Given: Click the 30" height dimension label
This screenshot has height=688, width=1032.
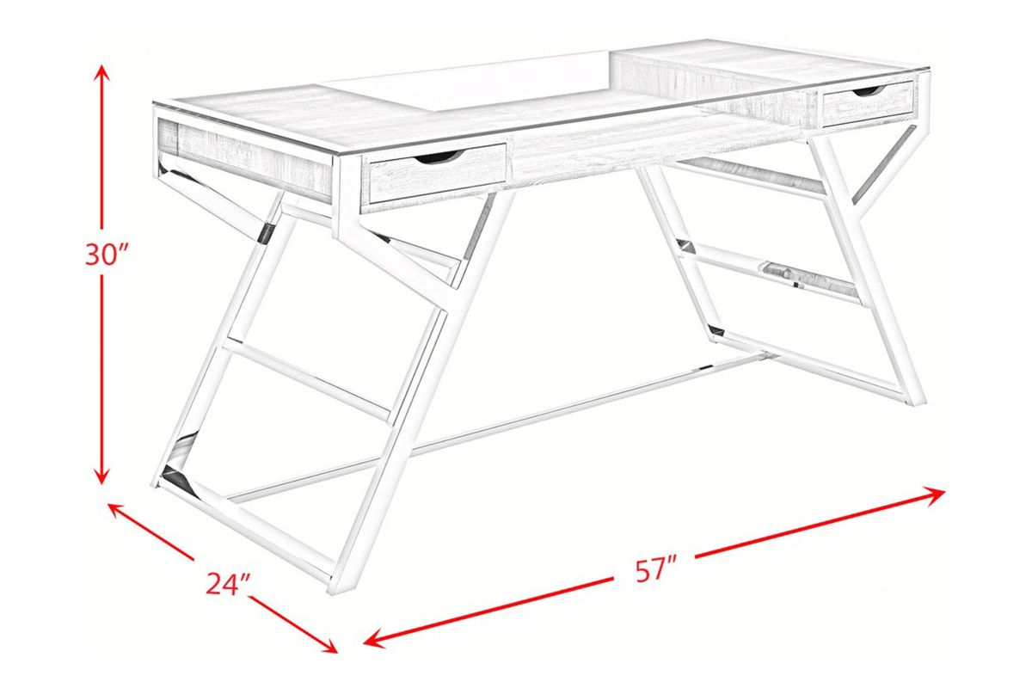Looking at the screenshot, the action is (x=106, y=255).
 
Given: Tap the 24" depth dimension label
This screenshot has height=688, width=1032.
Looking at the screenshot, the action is (x=228, y=584).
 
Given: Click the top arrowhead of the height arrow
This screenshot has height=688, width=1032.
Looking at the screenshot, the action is (x=101, y=73).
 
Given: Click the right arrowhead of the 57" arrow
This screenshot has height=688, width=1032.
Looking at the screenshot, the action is (x=937, y=495).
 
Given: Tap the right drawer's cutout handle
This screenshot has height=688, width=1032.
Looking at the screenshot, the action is (x=868, y=92).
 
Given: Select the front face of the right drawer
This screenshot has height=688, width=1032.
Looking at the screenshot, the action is (x=868, y=103).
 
